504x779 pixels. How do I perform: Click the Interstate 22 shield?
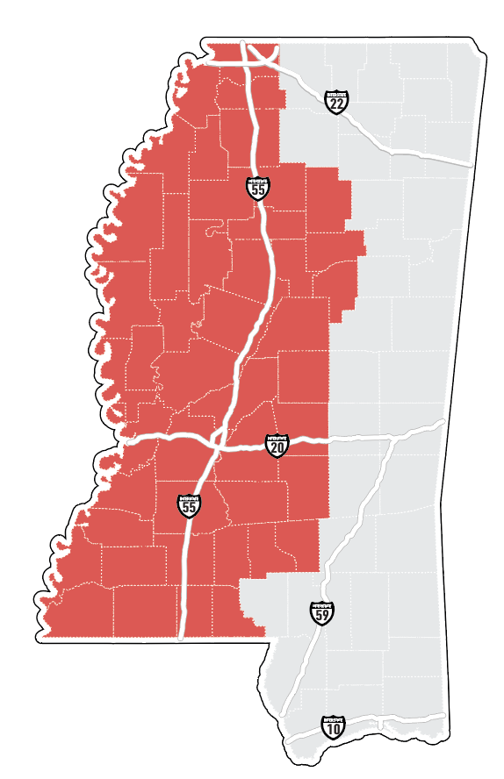335,102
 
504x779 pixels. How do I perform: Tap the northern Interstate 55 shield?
257,188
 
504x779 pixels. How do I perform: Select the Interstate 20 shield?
277,446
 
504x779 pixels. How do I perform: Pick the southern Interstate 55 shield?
189,504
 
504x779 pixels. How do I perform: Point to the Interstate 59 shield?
321,612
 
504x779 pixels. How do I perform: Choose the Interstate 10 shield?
333,726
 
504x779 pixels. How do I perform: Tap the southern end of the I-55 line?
180,637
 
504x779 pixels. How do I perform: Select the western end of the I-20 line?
126,442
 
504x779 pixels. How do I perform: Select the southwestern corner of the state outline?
46,637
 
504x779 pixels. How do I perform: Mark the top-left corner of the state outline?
205,41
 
